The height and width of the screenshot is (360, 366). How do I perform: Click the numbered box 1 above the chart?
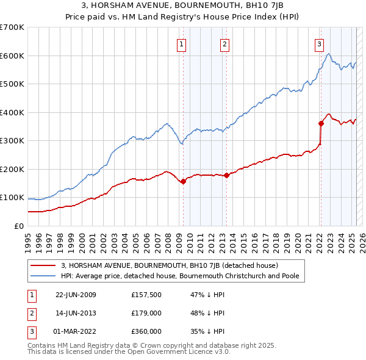[182, 43]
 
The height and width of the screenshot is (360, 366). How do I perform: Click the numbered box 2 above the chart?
[225, 43]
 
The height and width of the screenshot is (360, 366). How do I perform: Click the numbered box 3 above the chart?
[319, 43]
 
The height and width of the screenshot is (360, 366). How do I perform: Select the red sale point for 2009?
[183, 181]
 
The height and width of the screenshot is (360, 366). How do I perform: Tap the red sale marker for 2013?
[226, 175]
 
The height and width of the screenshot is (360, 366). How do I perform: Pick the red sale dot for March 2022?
[320, 123]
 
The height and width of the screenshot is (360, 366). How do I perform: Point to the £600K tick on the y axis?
[12, 56]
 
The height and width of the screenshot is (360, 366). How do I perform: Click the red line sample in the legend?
[43, 265]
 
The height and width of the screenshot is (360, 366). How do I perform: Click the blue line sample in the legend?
[43, 276]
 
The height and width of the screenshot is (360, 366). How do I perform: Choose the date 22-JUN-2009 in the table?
[76, 295]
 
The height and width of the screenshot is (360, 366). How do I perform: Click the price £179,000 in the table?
[146, 313]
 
